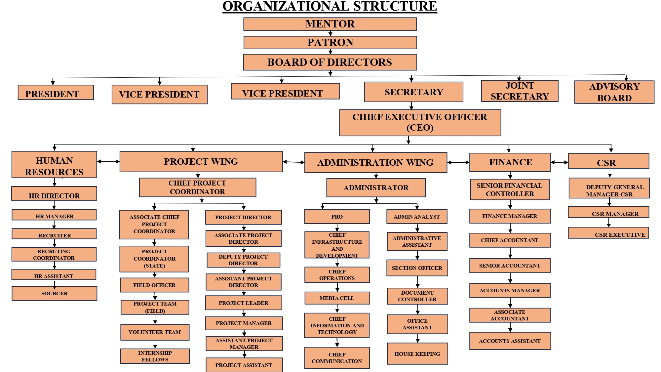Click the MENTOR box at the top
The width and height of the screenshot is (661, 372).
(330, 24)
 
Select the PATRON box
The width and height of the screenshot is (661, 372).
(330, 43)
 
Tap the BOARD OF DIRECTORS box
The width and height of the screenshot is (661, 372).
(330, 62)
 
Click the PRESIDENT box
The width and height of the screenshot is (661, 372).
(56, 93)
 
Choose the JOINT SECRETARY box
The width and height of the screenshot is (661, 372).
(520, 91)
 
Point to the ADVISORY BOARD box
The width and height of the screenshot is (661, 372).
(614, 92)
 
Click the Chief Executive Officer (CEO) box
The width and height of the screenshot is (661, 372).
(420, 123)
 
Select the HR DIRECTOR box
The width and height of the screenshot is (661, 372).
(54, 194)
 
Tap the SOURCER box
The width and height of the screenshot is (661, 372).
(54, 293)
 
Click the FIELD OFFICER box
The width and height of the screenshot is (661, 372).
(154, 285)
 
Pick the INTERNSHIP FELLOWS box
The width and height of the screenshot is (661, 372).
(155, 356)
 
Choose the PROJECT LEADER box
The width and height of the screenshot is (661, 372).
(244, 303)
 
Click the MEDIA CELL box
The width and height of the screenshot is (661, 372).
(337, 298)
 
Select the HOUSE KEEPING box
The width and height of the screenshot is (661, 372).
(417, 354)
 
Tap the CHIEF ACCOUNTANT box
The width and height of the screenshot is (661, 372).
(510, 240)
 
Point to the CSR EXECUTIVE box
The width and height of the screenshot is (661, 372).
(608, 233)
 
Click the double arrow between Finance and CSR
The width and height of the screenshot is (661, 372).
(559, 162)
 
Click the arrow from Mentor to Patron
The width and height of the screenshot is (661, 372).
(330, 33)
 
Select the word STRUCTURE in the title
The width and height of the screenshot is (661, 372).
(395, 7)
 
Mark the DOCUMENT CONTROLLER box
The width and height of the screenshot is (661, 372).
(417, 296)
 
